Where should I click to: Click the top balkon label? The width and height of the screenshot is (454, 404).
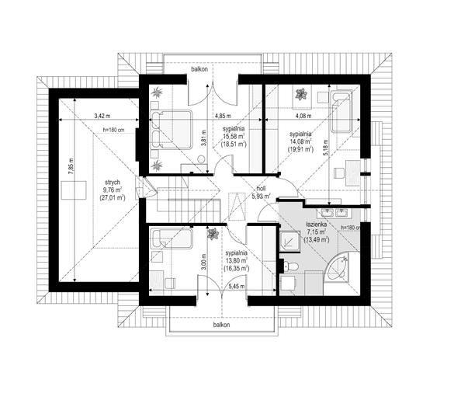click(x=199, y=69)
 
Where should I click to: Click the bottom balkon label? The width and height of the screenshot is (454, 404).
click(x=221, y=325)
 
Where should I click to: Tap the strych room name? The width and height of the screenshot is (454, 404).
click(x=113, y=183)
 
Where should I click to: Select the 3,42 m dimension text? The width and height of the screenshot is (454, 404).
click(x=102, y=116)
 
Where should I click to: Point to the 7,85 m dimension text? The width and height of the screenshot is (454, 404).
click(x=71, y=166)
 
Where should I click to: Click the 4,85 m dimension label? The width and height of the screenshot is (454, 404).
click(x=223, y=116)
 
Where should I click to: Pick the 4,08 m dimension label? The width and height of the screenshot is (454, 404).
click(x=303, y=116)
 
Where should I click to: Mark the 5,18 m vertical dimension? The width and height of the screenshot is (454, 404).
click(x=326, y=148)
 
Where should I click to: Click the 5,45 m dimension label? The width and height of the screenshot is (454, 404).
click(x=237, y=287)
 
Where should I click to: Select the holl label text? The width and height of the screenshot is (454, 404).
click(x=262, y=189)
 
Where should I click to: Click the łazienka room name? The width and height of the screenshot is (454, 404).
click(x=317, y=225)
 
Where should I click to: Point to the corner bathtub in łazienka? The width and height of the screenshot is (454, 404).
click(x=338, y=267)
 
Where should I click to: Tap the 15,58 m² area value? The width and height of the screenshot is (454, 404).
click(x=234, y=136)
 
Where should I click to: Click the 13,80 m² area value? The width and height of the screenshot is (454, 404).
click(x=237, y=260)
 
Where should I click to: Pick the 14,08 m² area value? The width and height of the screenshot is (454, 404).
click(x=300, y=141)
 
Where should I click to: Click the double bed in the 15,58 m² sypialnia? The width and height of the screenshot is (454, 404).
click(x=172, y=130)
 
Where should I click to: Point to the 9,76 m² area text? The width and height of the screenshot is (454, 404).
click(x=113, y=190)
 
